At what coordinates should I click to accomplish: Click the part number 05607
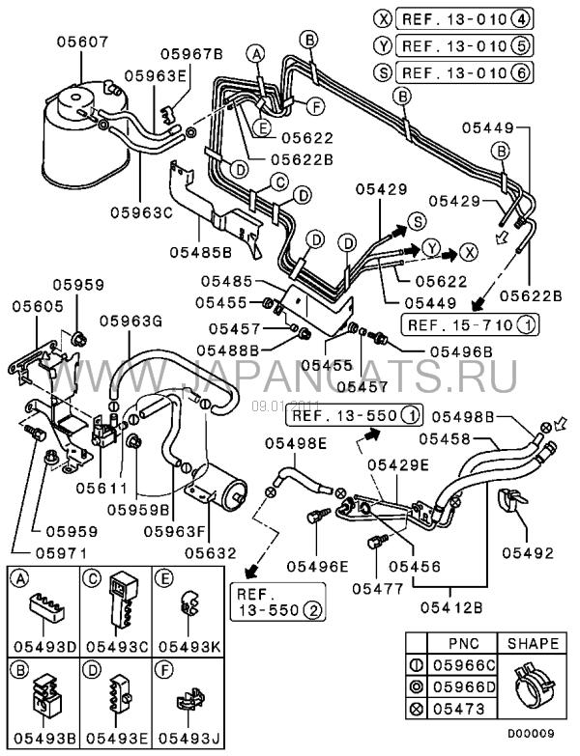81,42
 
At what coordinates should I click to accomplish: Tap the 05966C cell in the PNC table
463,665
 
